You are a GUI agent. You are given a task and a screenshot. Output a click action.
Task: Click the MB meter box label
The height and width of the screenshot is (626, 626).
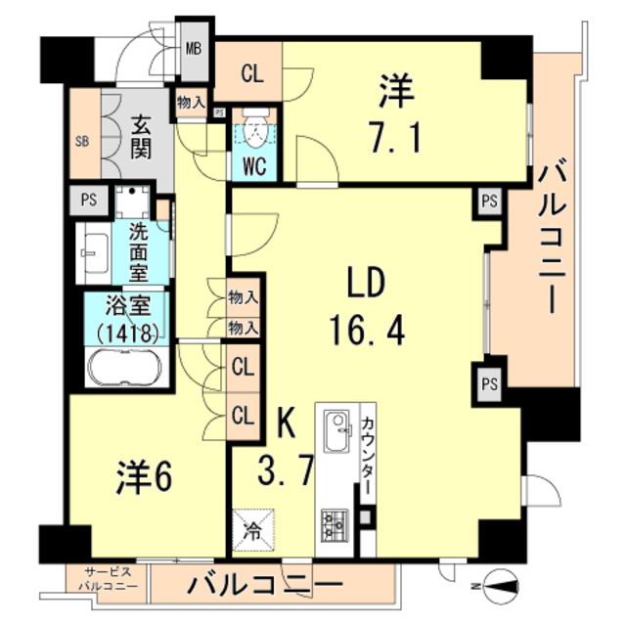pos(194,49)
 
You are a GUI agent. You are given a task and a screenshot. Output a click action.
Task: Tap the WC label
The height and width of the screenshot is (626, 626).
pos(254,166)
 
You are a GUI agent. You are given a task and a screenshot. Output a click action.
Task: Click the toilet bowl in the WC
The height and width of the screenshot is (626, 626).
pos(255,129)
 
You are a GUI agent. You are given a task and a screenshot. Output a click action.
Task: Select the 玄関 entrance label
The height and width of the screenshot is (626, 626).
pos(141,137)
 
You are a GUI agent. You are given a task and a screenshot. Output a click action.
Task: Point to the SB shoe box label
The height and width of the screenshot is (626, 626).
pos(82,141)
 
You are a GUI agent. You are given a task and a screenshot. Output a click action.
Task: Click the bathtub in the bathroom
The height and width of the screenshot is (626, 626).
pos(125,368)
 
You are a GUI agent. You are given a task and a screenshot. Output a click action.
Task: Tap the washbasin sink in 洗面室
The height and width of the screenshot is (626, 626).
pos(94,253)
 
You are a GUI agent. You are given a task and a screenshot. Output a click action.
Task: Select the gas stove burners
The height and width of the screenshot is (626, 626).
pos(335,525)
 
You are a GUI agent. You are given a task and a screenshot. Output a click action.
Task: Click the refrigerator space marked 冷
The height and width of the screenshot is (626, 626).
pos(253,529)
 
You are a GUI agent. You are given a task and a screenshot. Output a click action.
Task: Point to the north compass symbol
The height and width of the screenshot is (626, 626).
pos(500,587)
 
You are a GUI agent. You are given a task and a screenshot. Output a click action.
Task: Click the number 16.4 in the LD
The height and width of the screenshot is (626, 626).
pos(367,330)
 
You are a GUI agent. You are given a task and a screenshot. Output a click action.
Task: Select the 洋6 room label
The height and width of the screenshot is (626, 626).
pos(144,477)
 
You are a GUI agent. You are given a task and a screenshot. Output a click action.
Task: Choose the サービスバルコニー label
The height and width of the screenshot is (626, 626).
pos(108,580)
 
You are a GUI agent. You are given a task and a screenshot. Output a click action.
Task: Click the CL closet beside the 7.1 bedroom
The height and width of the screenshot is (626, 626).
pos(252,73)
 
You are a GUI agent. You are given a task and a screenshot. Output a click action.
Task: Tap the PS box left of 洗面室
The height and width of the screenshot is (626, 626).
pos(89,200)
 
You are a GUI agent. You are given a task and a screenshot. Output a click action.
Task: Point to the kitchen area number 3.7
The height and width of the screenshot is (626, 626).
pos(285,470)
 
